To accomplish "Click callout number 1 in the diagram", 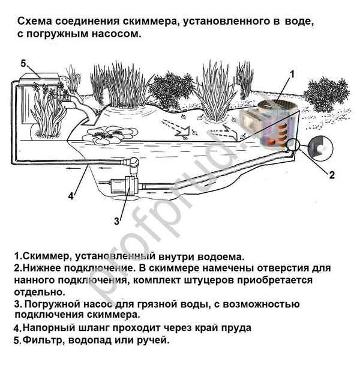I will pyautogui.click(x=292, y=75).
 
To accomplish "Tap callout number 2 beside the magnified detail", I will pyautogui.click(x=331, y=175).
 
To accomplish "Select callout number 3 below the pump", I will pyautogui.click(x=117, y=220).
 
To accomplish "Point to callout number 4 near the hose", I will pyautogui.click(x=71, y=196).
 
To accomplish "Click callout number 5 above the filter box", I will pyautogui.click(x=23, y=64).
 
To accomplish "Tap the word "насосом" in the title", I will pyautogui.click(x=119, y=34).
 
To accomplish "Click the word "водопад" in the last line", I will pyautogui.click(x=95, y=340).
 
